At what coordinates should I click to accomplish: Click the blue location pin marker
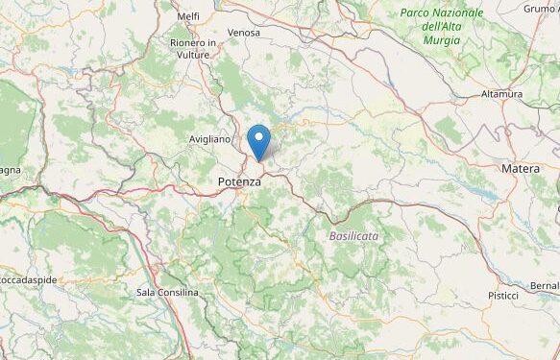tap(258, 142)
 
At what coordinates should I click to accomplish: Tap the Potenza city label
tap(239, 181)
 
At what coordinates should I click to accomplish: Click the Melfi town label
tap(188, 16)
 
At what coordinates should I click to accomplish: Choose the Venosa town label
tap(244, 33)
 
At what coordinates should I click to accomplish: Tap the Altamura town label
tap(501, 94)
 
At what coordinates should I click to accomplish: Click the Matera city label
tap(520, 169)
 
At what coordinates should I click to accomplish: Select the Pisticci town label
tap(502, 295)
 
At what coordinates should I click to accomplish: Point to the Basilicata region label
tap(353, 235)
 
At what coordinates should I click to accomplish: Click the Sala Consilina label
tap(167, 292)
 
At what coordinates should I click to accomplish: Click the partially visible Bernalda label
tap(544, 286)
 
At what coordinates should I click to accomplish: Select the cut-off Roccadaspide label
tap(29, 279)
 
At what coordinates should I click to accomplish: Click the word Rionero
tap(188, 43)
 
